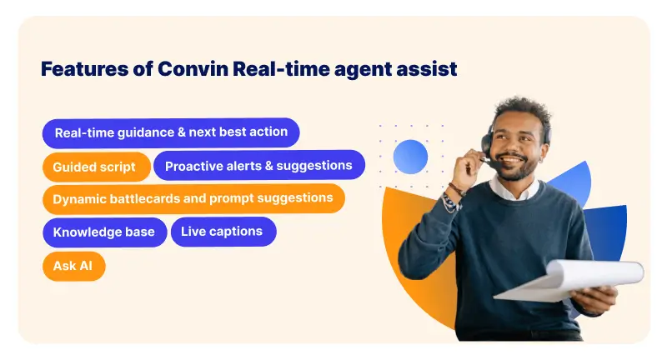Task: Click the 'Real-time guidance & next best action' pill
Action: [x=171, y=132]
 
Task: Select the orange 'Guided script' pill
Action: [x=94, y=167]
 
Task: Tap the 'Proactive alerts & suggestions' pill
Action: [x=258, y=166]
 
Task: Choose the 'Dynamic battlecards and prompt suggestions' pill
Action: [x=193, y=199]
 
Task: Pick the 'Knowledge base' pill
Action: [x=104, y=232]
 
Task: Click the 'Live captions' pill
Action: [x=223, y=232]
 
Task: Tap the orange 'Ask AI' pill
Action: [x=73, y=266]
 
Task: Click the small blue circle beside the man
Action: [x=410, y=157]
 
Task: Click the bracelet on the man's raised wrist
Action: [x=454, y=193]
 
